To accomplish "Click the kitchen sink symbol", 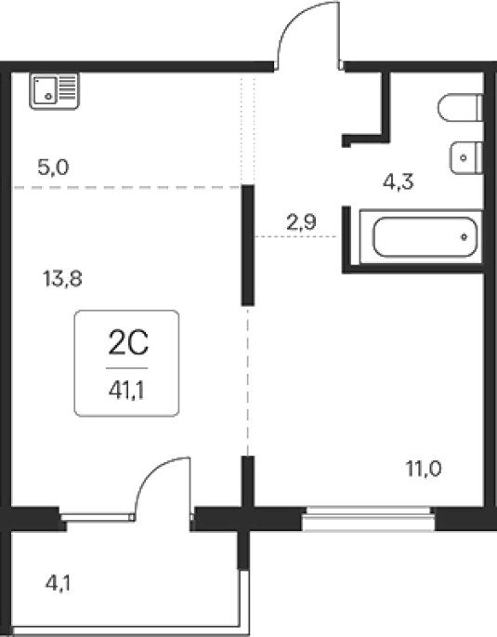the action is click(x=55, y=91).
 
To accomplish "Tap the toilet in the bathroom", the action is click(x=461, y=107).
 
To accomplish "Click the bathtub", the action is click(x=421, y=237).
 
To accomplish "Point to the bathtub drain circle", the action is click(x=464, y=237).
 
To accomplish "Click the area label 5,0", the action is click(x=53, y=167).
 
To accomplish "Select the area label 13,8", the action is click(x=62, y=279).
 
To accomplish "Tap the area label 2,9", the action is click(x=301, y=222).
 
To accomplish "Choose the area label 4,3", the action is click(x=398, y=181).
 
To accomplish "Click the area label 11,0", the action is click(x=424, y=470).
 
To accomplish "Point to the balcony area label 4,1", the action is click(x=58, y=584).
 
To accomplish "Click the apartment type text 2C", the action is click(x=128, y=343).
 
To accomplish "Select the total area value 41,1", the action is click(x=126, y=391).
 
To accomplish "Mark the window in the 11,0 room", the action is click(x=369, y=518).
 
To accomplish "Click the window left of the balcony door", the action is click(x=97, y=517).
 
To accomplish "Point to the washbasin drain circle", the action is click(x=464, y=158).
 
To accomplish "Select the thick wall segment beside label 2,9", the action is click(x=248, y=245).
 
